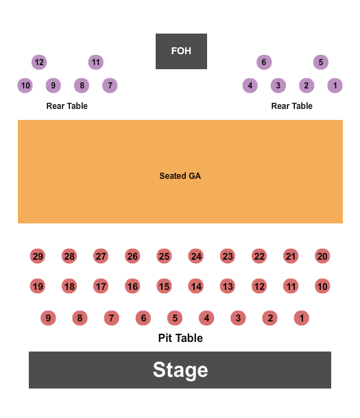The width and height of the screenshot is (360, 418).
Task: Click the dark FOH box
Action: (181, 51)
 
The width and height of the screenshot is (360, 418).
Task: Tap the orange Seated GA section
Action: (180, 172)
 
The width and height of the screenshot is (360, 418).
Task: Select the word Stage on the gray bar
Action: (180, 370)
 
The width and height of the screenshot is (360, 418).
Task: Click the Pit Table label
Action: (180, 338)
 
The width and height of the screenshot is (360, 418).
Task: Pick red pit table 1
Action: (302, 318)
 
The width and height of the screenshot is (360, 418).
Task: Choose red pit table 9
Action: (48, 318)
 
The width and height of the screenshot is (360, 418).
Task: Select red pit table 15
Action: (164, 286)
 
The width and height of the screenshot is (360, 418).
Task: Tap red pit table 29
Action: (38, 256)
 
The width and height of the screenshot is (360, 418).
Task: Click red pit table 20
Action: (322, 256)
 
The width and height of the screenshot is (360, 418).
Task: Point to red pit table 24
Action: (196, 256)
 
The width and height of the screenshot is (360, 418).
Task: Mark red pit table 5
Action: (175, 318)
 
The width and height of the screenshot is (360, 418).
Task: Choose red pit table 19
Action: (38, 286)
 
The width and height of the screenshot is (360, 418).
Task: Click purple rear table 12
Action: (39, 62)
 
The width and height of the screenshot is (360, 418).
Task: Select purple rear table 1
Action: (335, 86)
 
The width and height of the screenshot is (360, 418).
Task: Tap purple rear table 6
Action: (263, 62)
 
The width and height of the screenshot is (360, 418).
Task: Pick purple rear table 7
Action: (110, 86)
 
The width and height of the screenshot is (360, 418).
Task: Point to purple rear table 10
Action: (25, 86)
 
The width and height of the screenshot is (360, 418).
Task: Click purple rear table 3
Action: (278, 86)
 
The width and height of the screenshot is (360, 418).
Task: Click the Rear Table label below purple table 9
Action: (67, 106)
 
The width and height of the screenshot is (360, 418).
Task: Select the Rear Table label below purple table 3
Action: (292, 106)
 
